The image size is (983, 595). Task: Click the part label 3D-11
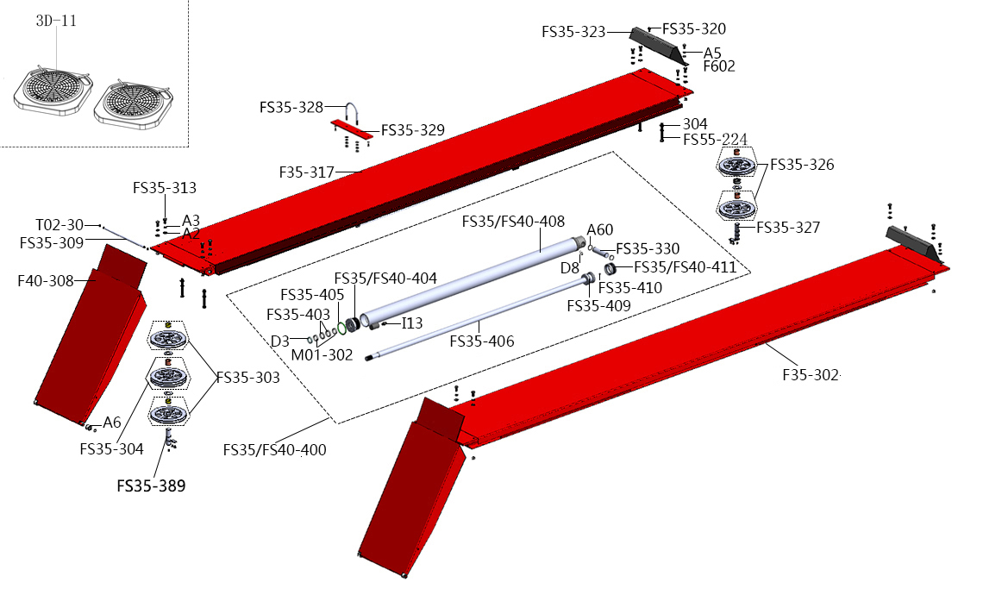(56, 21)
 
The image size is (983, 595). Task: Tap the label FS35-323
(573, 32)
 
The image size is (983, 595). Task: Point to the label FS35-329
(413, 131)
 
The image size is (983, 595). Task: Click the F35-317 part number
(308, 172)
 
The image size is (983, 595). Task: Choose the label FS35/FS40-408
(513, 222)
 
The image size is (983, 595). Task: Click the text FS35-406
(482, 341)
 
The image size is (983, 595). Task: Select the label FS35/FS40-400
(274, 449)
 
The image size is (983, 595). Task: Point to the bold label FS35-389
(151, 485)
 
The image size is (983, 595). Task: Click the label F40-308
(47, 279)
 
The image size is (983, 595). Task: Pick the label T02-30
(59, 225)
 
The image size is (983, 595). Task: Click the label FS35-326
(802, 164)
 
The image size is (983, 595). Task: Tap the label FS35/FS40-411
(685, 267)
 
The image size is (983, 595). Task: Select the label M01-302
(322, 354)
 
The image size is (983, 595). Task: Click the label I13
(412, 323)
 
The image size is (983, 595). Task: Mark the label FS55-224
(715, 140)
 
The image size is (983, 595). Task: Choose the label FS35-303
(247, 378)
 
